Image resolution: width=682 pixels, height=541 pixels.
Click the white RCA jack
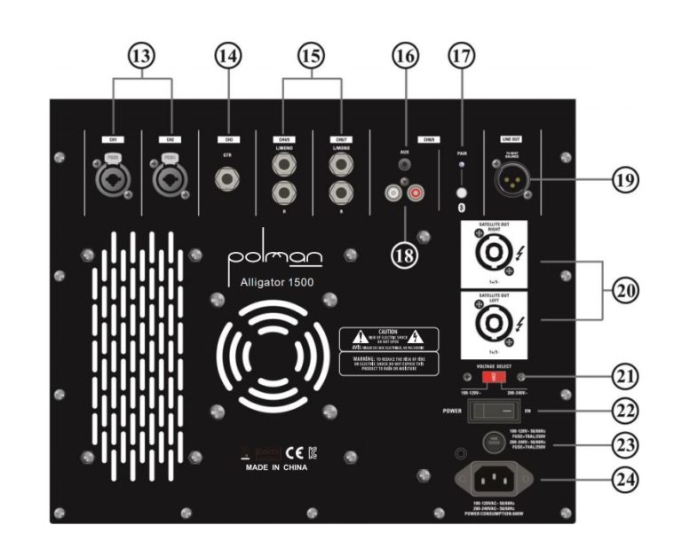click(x=393, y=192)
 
